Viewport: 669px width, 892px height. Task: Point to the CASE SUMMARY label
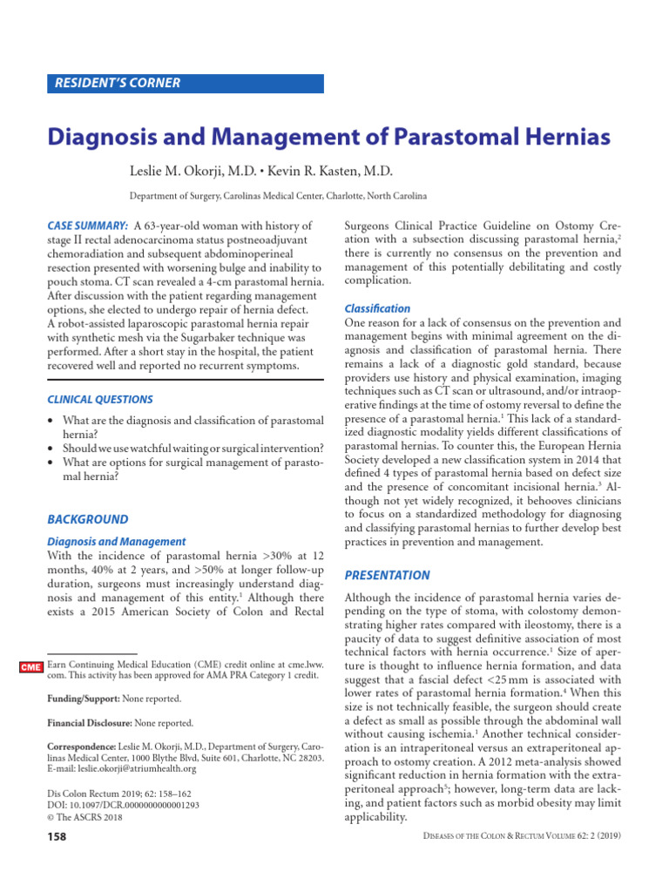[x=87, y=226]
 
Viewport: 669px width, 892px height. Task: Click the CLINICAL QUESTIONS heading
[x=99, y=400]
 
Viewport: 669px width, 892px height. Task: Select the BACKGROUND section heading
[x=87, y=520]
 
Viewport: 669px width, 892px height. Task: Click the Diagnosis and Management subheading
[x=116, y=542]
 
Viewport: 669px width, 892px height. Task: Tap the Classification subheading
[x=377, y=309]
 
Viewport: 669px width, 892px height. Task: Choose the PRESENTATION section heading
[x=388, y=576]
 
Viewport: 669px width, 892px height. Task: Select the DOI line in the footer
[x=123, y=806]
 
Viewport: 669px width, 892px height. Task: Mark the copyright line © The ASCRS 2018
[x=85, y=818]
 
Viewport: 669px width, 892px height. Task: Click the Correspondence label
[x=80, y=747]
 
